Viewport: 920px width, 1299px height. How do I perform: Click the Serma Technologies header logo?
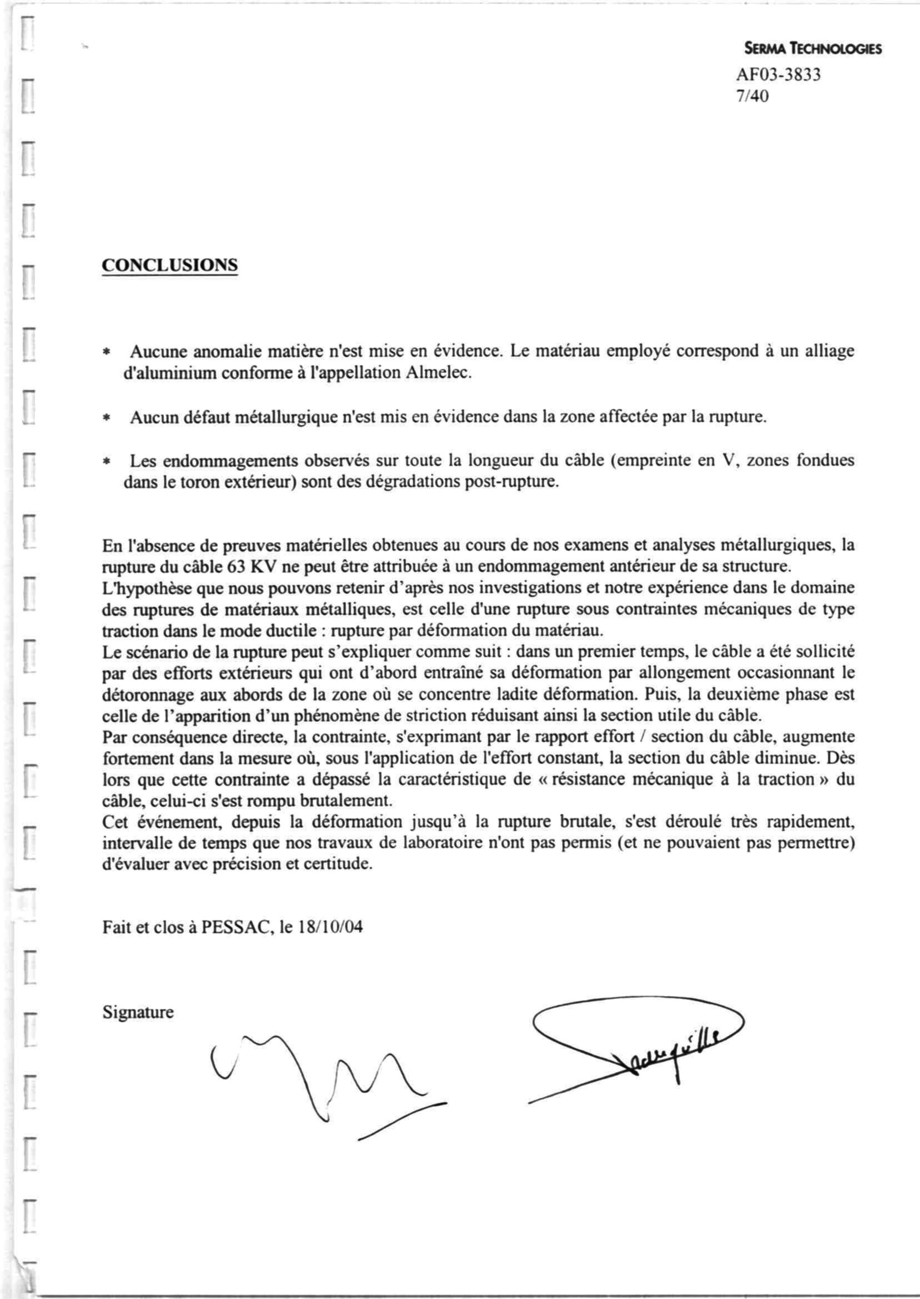(813, 49)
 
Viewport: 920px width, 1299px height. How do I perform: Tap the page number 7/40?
(752, 97)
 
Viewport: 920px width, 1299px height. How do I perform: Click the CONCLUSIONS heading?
(169, 265)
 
